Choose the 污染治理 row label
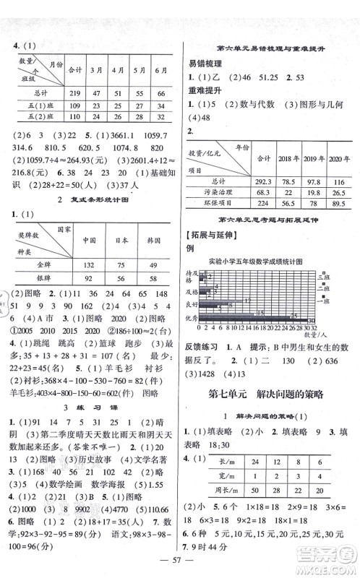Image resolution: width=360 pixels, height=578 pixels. [213, 191]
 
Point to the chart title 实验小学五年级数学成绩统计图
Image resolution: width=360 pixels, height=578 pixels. [270, 260]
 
